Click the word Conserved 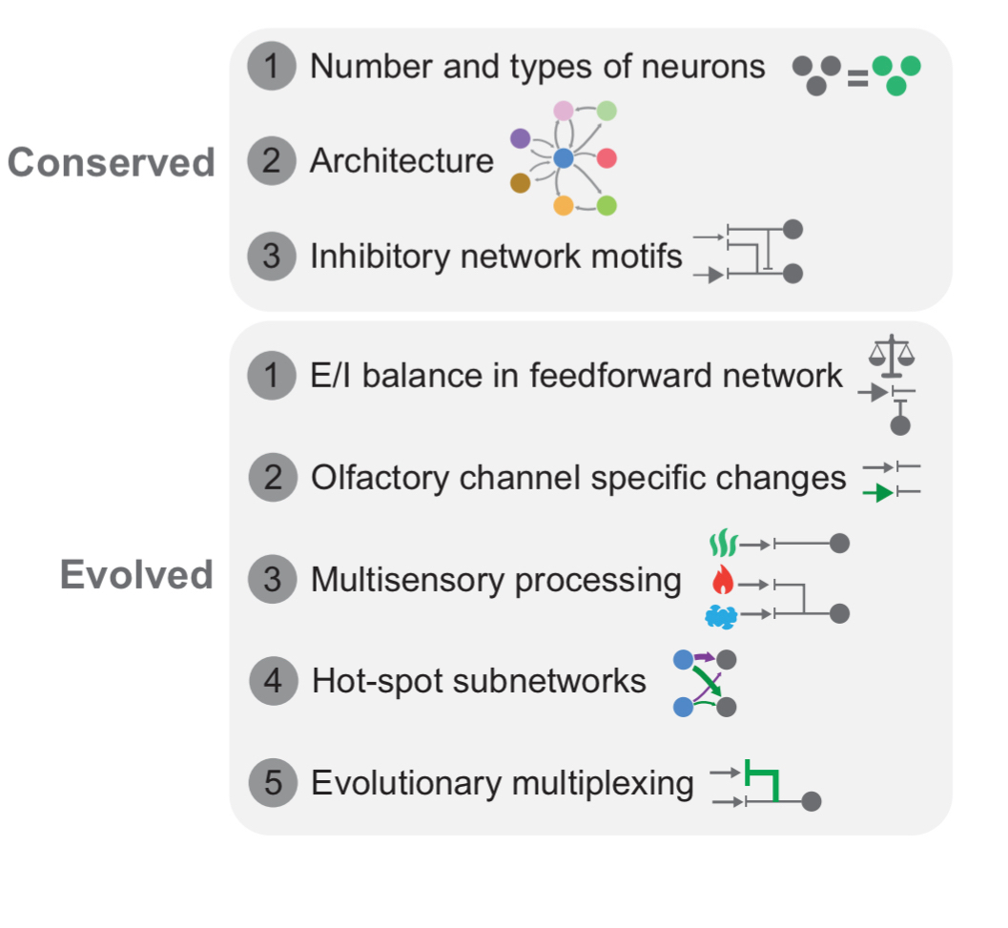pyautogui.click(x=112, y=163)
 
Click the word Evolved pyautogui.click(x=136, y=575)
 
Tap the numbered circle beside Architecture pyautogui.click(x=272, y=160)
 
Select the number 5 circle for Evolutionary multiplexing pyautogui.click(x=273, y=783)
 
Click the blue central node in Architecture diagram pyautogui.click(x=564, y=158)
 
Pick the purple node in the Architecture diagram pyautogui.click(x=520, y=138)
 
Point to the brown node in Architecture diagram pyautogui.click(x=520, y=181)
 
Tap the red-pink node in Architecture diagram pyautogui.click(x=607, y=158)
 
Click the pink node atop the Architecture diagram pyautogui.click(x=563, y=111)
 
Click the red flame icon pyautogui.click(x=721, y=580)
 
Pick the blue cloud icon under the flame pyautogui.click(x=721, y=616)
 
